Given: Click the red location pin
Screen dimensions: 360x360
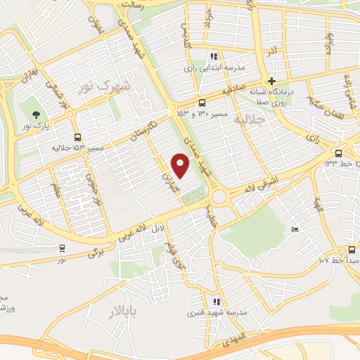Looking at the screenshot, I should click(181, 166).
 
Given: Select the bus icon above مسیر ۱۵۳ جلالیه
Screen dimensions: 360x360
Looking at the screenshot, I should click(77, 137).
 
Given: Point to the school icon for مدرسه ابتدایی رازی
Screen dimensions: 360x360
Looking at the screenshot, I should click(214, 57).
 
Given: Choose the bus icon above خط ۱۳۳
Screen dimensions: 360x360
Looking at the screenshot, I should click(339, 153).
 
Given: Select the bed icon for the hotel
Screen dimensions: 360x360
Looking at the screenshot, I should click(295, 230).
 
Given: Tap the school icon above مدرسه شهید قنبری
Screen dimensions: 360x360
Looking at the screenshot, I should click(217, 302).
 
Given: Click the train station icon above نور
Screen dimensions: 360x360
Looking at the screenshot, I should click(62, 248).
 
